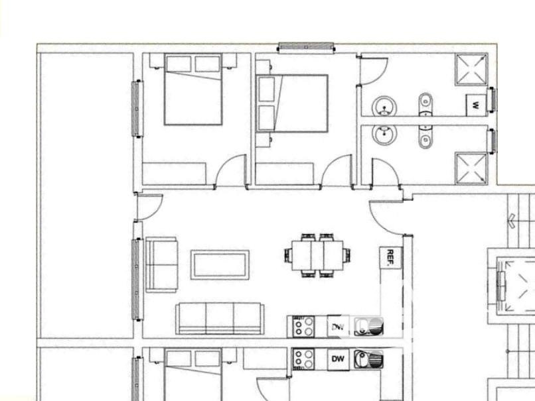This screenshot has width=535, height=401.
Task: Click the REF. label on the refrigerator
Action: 391,257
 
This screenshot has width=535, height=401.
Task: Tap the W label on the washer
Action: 475,105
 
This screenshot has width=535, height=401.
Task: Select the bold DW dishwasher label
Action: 338,359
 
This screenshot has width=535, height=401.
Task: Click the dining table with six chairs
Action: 318,256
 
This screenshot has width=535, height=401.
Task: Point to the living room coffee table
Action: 220,264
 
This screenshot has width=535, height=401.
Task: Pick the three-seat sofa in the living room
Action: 220,319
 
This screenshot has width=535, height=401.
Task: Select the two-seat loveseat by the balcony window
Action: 162,264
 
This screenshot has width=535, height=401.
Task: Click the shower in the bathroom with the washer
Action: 471,69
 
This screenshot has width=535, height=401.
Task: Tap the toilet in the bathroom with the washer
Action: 425,104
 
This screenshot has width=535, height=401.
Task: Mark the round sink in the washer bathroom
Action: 384,107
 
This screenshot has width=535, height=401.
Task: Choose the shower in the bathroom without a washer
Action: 471,168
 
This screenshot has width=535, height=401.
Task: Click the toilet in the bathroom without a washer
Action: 425,137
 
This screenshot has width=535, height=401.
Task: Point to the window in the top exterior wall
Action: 306,48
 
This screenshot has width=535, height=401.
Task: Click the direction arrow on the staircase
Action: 512,221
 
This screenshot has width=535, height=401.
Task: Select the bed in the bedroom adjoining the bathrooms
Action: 293,103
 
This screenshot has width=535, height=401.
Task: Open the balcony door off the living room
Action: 148,207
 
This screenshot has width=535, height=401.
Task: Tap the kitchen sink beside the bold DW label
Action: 368,359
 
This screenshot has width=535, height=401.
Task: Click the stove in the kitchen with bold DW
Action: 303,359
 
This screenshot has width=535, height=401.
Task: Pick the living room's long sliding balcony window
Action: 137,279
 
